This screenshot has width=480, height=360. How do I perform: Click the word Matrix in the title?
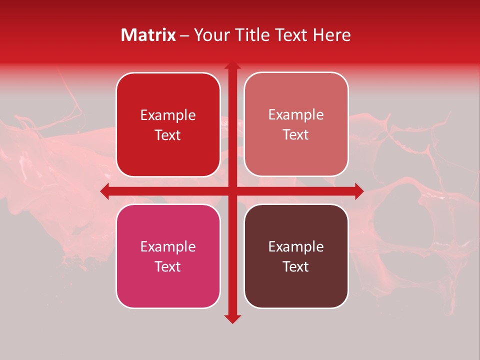coord(148,35)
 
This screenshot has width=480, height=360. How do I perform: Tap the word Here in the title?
coord(331,35)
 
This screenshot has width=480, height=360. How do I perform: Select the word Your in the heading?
coord(210,35)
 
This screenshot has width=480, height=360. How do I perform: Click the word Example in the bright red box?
coord(168,115)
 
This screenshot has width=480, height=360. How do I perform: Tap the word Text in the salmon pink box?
coord(296,135)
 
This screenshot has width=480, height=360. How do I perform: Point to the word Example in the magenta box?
coord(168,247)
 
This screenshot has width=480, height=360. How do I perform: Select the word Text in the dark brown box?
coord(296,266)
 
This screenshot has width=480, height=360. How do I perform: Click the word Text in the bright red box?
coord(168,135)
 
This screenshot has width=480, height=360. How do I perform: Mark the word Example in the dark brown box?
coord(296,247)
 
